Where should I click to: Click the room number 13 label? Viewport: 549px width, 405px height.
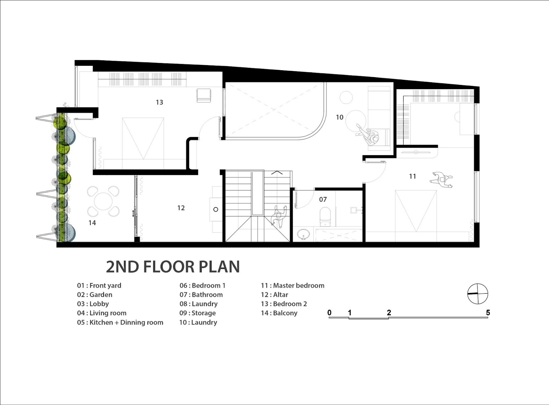(160, 102)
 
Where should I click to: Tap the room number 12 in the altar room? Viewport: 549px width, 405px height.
(181, 208)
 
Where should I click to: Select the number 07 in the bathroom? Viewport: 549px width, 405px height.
(323, 199)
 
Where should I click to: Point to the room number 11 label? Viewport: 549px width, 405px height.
(412, 176)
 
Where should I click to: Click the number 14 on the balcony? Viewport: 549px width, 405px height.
(92, 223)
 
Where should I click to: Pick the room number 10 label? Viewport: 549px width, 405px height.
(340, 117)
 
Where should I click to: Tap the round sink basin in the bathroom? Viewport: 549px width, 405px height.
(303, 234)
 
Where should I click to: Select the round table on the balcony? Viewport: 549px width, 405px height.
(104, 201)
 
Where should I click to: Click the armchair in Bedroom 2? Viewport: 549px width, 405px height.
(204, 96)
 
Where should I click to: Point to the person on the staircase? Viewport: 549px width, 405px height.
(279, 217)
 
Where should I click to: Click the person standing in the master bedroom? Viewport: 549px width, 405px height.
(441, 180)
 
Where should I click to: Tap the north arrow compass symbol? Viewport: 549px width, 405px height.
(478, 294)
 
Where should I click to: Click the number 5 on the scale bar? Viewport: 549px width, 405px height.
(488, 312)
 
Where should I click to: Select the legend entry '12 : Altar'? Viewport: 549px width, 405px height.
(274, 295)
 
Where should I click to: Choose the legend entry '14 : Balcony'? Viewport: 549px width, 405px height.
(279, 313)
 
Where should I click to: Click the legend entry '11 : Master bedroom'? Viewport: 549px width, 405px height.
(293, 285)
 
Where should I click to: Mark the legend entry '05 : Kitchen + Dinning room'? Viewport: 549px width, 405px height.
(120, 322)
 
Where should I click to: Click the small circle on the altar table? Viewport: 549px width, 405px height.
(215, 209)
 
